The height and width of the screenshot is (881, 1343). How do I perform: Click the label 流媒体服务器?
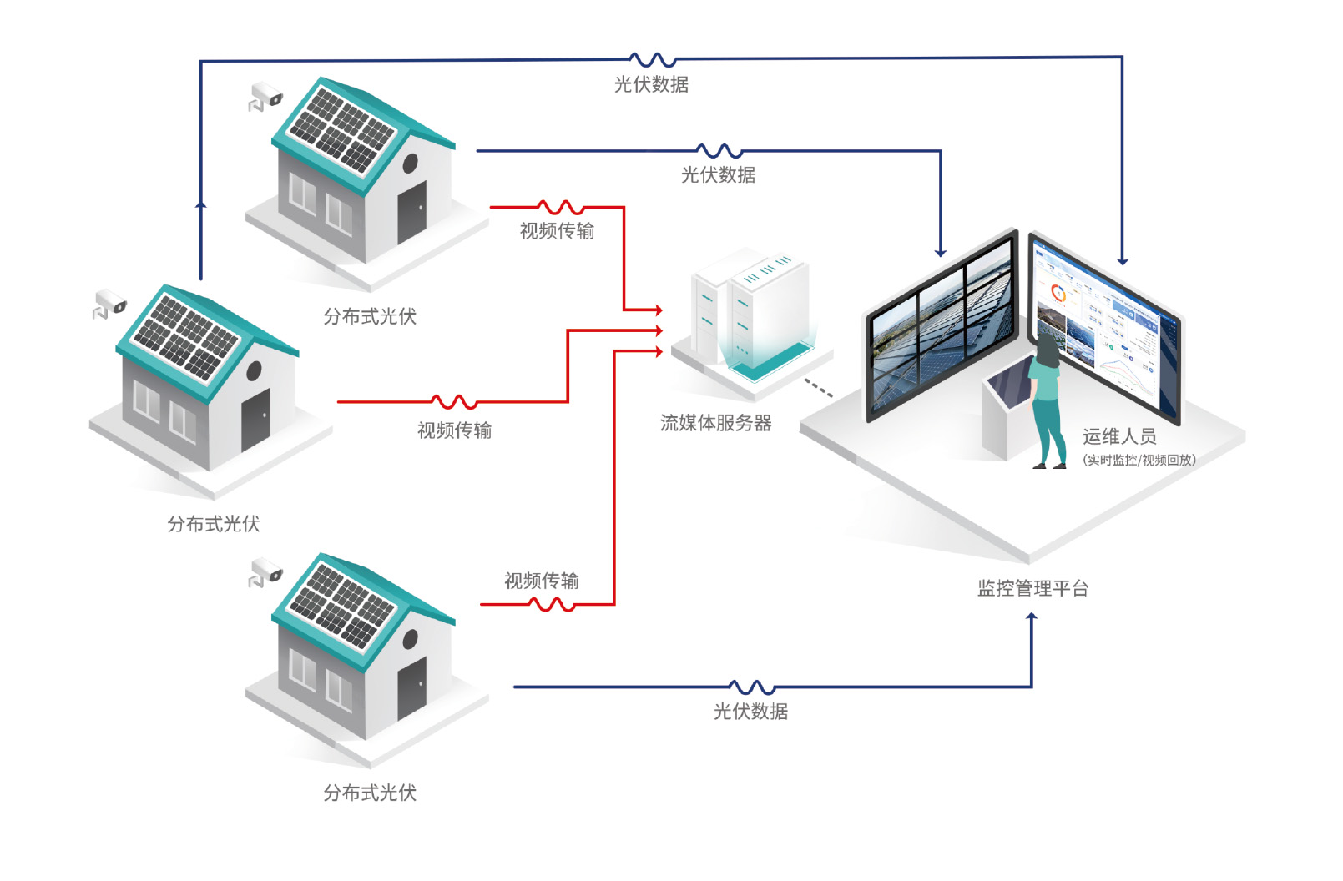click(715, 423)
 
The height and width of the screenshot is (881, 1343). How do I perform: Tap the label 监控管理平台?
click(1033, 588)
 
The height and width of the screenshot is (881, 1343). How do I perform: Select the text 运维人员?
click(1119, 436)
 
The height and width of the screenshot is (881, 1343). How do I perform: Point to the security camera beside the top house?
click(265, 97)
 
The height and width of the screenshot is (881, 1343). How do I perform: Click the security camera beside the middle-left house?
click(109, 305)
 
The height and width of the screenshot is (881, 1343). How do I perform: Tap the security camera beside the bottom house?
click(265, 573)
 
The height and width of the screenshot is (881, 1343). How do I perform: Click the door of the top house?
click(411, 212)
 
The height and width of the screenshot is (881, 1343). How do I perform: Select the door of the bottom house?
click(411, 689)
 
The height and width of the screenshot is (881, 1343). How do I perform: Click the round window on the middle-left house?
click(255, 371)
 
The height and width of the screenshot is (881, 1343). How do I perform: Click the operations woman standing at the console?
click(1048, 401)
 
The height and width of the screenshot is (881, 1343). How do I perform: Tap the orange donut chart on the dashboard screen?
click(1058, 294)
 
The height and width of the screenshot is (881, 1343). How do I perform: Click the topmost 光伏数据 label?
click(651, 84)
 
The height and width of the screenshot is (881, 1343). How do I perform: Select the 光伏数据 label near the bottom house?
click(750, 712)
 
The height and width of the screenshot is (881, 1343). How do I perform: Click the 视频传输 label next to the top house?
click(557, 231)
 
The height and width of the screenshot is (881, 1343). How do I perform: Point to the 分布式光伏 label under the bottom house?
click(370, 793)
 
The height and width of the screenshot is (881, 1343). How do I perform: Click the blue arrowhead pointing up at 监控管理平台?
click(1032, 618)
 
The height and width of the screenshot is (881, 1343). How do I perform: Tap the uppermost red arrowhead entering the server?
click(659, 310)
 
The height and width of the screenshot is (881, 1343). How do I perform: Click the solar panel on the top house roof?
click(342, 129)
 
